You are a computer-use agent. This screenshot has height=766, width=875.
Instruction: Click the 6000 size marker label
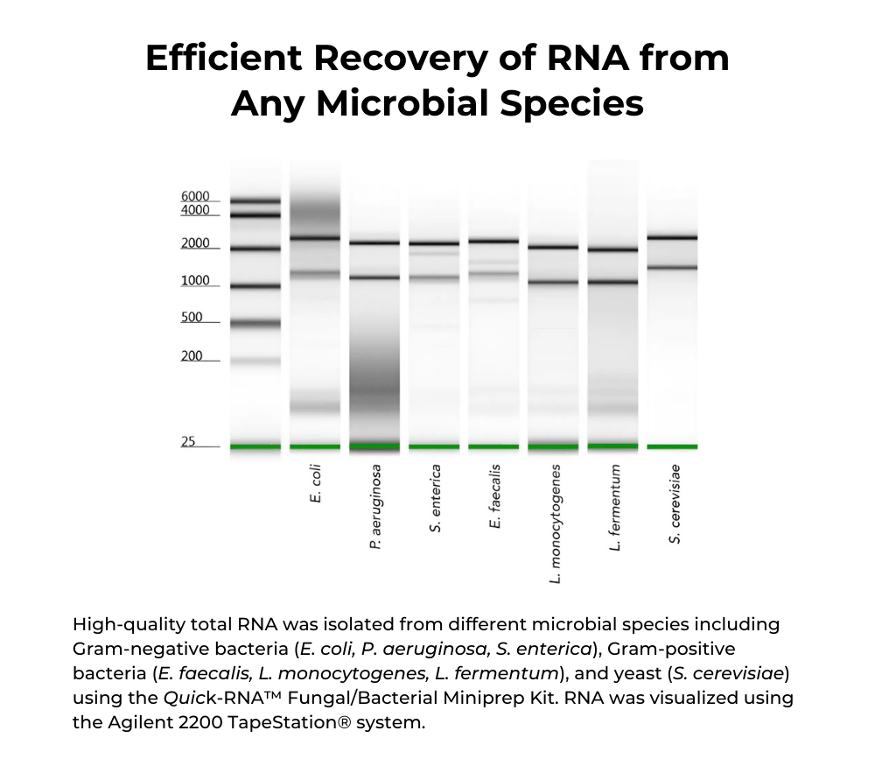click(x=195, y=196)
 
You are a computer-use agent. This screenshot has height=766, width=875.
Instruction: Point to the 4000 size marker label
click(x=195, y=210)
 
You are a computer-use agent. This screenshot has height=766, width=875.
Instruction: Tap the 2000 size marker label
click(x=195, y=243)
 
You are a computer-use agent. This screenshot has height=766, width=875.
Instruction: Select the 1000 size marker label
click(x=195, y=281)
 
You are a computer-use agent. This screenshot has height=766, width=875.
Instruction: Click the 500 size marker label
click(x=192, y=318)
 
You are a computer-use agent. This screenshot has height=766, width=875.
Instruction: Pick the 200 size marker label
click(x=192, y=356)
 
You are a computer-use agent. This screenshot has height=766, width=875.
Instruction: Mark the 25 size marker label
click(x=188, y=442)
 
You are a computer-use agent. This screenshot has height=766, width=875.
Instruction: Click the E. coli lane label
click(x=316, y=484)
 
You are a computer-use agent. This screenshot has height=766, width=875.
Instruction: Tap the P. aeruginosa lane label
click(x=375, y=507)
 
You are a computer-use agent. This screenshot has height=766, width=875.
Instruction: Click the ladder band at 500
click(x=255, y=323)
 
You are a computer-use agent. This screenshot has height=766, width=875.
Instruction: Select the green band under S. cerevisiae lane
click(x=672, y=446)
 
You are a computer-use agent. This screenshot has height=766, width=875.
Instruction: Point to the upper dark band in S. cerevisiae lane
click(x=672, y=237)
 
